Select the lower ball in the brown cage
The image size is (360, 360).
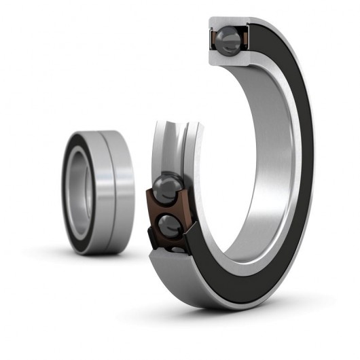[169, 226]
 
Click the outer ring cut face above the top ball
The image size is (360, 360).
[227, 23]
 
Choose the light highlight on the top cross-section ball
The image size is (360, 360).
[225, 35]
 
